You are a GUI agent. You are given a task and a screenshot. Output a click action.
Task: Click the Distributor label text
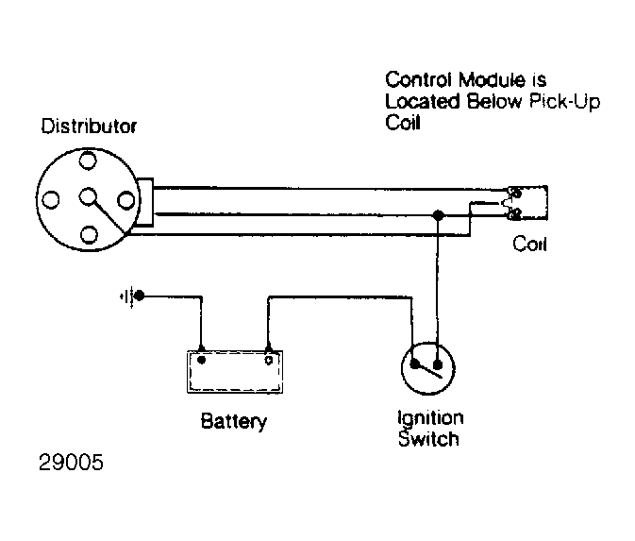click(88, 127)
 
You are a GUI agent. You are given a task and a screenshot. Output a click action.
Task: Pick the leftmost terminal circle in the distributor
click(53, 199)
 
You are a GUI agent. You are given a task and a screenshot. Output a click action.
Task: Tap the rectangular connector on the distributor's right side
click(144, 201)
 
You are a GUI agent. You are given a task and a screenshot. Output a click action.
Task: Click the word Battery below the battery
click(234, 421)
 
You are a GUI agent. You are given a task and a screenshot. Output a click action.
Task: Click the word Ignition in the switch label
click(430, 418)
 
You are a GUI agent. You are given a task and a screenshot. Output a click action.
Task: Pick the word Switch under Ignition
click(429, 438)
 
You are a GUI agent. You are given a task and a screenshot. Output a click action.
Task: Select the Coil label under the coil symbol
click(530, 245)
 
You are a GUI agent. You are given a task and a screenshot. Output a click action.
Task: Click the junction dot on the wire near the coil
click(437, 215)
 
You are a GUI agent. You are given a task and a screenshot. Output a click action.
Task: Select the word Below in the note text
click(495, 101)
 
